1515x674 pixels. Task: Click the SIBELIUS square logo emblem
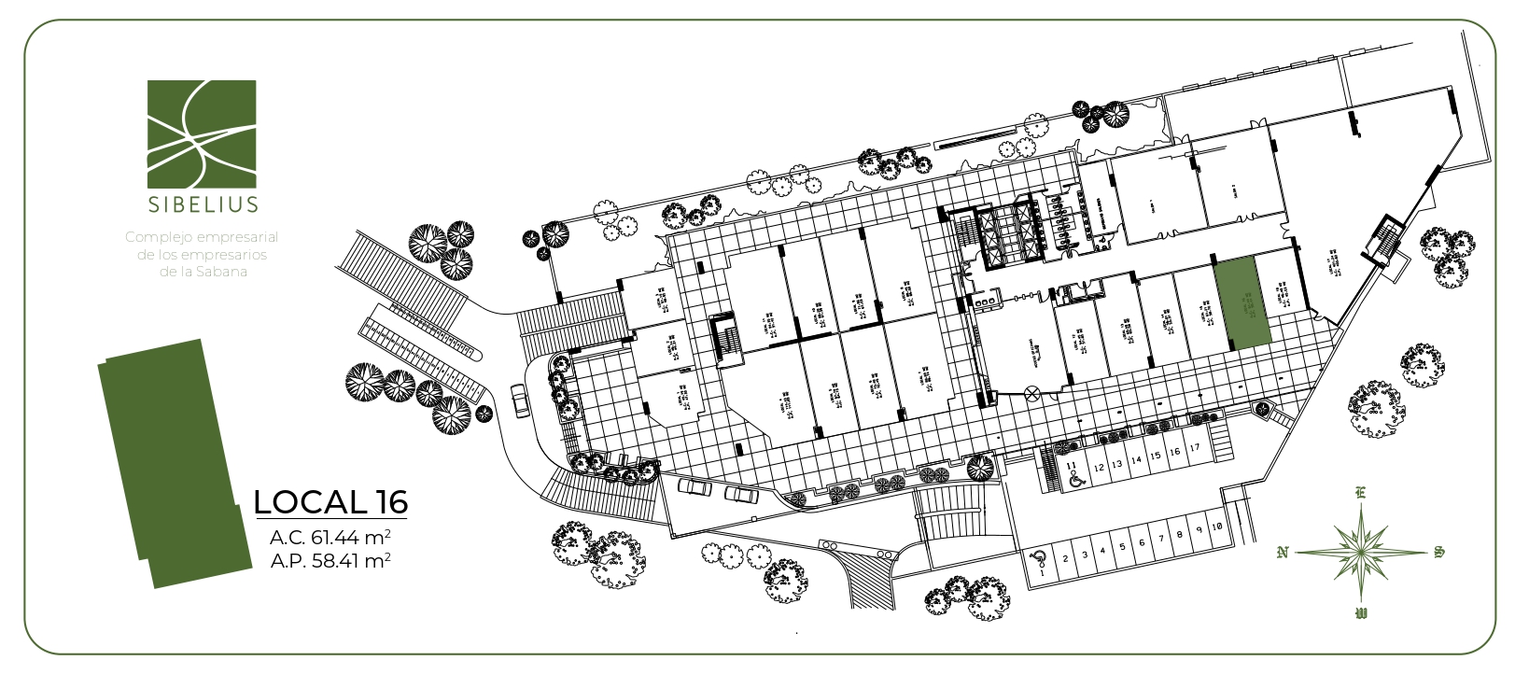tap(202, 133)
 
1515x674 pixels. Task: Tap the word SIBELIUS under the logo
tap(202, 203)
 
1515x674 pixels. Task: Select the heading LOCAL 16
tap(330, 502)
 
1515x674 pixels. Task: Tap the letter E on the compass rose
tap(1360, 493)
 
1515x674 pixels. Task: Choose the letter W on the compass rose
tap(1361, 613)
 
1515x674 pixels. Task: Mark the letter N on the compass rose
tap(1283, 553)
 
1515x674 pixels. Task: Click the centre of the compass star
tap(1361, 552)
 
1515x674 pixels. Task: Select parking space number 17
tap(1194, 449)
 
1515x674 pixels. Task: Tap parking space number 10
tap(1217, 527)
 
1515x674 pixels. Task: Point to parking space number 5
tap(1122, 546)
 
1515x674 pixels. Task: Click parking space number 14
tap(1136, 460)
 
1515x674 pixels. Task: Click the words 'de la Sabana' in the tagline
tap(202, 272)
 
